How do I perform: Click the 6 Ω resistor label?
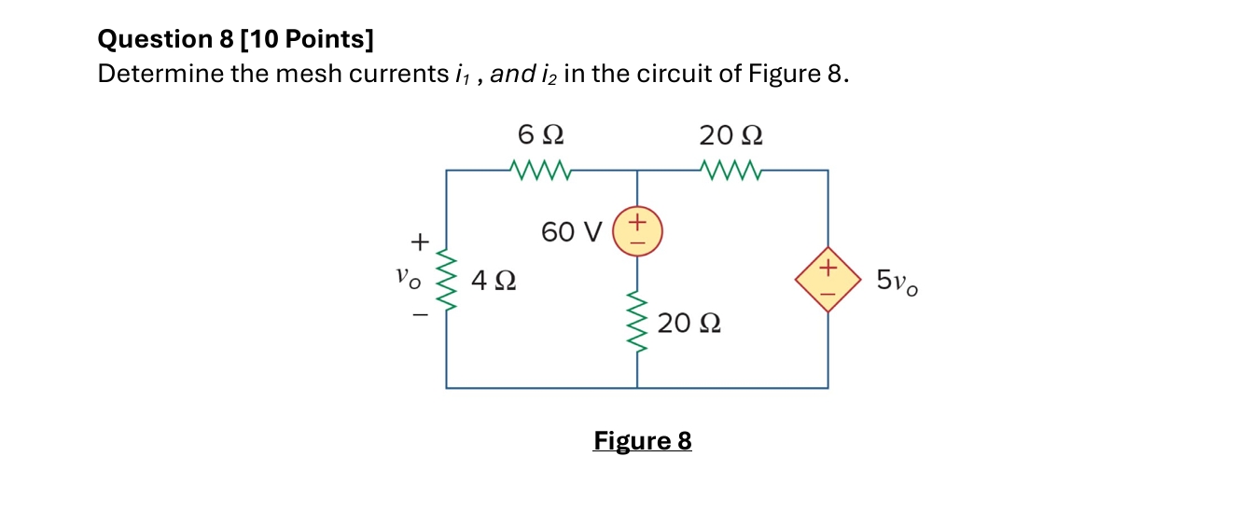pos(540,135)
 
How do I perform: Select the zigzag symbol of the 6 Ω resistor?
pos(540,171)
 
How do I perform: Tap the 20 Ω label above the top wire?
pos(730,135)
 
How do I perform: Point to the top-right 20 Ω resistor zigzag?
pos(730,171)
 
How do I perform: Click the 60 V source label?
pos(572,232)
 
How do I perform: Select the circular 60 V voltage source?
pos(637,232)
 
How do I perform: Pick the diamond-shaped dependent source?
pos(827,279)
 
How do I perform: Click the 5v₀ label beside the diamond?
pos(897,280)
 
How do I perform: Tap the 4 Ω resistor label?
pos(494,279)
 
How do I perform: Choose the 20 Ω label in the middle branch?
pos(689,324)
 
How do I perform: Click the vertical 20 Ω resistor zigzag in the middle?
pos(637,317)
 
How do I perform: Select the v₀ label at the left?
pos(409,277)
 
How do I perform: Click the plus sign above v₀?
pos(420,242)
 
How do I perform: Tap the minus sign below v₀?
pos(420,314)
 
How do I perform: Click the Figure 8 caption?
pos(642,440)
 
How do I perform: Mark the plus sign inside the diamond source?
pos(825,269)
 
